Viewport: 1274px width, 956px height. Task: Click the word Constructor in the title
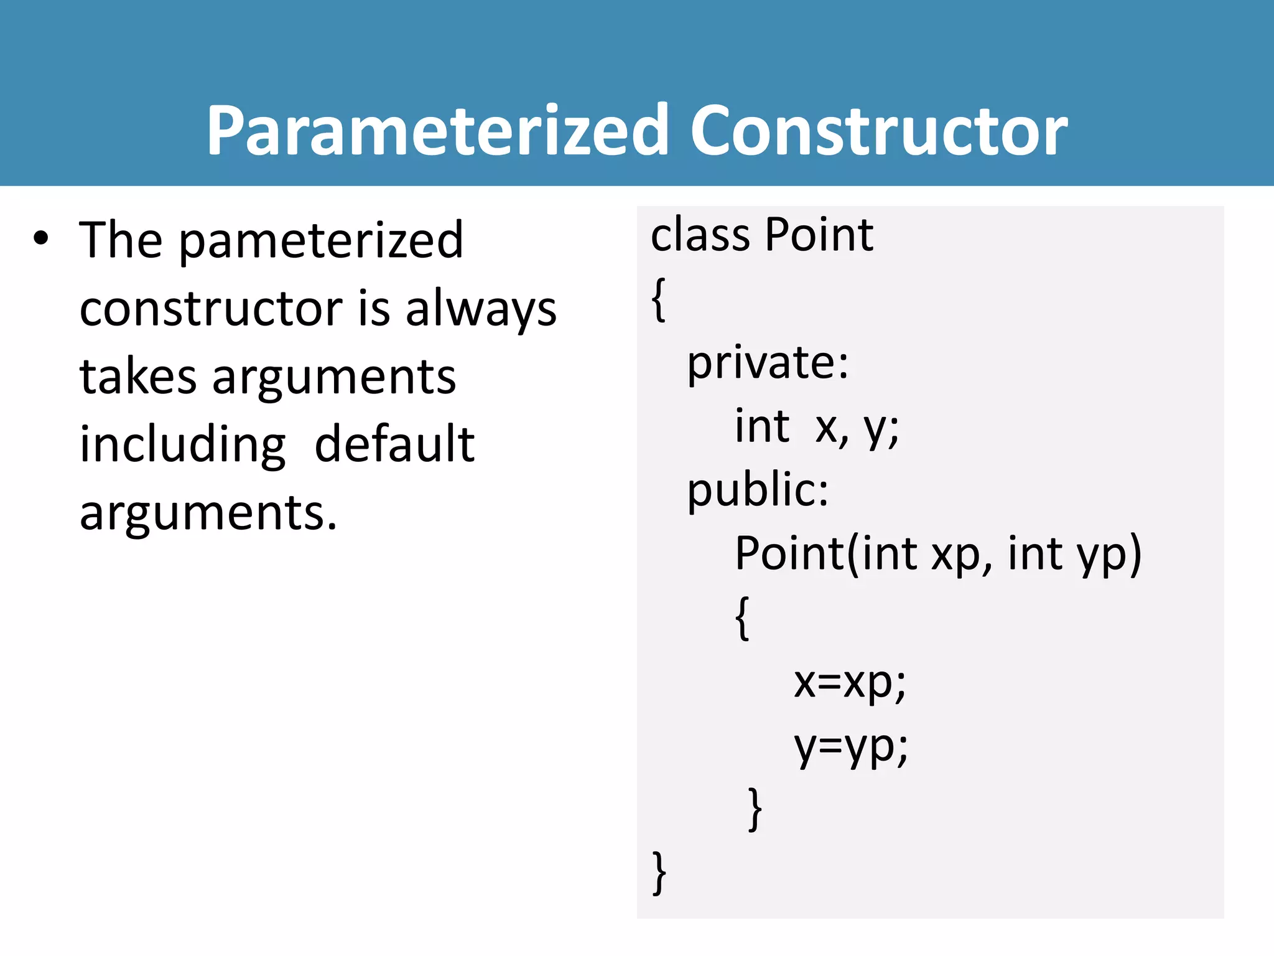(x=878, y=131)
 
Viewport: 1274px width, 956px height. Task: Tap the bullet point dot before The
(x=41, y=238)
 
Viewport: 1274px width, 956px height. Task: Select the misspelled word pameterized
(x=321, y=241)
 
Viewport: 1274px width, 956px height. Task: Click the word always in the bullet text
(x=481, y=309)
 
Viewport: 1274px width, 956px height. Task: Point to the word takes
(x=137, y=377)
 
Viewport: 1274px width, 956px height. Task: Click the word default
(x=394, y=444)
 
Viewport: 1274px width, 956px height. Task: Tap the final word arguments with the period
(x=208, y=513)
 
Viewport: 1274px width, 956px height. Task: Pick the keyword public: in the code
(x=757, y=490)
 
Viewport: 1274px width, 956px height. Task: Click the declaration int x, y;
(x=816, y=427)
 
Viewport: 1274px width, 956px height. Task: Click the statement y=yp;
(x=850, y=746)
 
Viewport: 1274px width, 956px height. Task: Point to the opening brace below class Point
(x=659, y=300)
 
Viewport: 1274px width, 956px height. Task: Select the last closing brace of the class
(x=659, y=873)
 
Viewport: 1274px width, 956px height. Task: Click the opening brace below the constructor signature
(x=742, y=617)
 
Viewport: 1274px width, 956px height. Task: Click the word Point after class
(x=819, y=235)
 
